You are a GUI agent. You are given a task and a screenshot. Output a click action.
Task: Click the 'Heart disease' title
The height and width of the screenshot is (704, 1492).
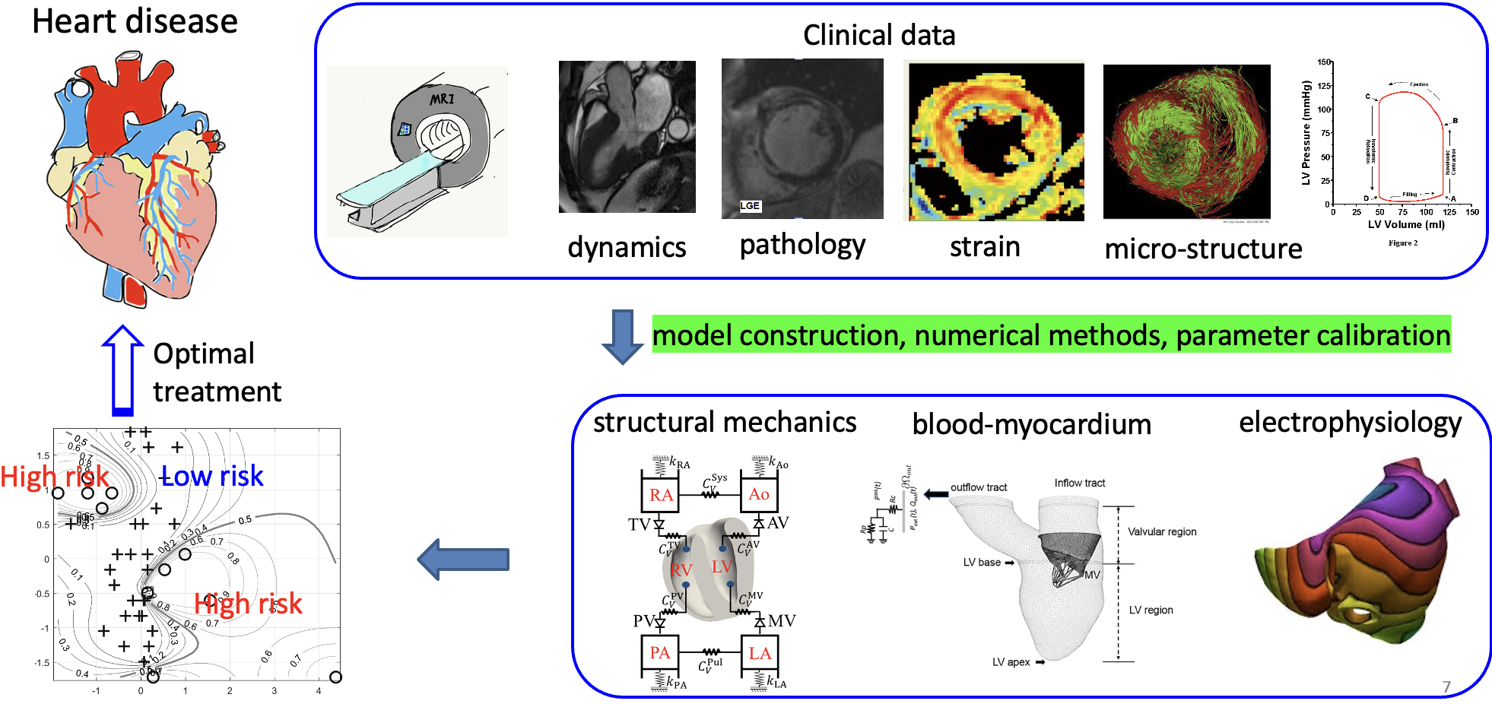135,22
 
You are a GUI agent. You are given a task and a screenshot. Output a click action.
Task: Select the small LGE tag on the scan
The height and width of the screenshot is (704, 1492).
750,206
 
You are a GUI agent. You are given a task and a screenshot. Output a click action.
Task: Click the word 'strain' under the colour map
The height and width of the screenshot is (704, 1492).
985,247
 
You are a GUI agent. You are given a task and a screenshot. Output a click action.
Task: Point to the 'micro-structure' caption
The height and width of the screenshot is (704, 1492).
1203,249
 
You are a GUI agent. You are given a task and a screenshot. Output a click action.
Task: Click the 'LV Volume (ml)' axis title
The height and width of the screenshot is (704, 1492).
1405,225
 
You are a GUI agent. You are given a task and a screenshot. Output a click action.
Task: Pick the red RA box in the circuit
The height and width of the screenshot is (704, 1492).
660,495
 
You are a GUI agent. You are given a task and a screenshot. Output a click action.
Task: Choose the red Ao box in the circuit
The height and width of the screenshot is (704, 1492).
759,494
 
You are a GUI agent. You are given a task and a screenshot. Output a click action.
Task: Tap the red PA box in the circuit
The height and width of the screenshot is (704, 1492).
660,653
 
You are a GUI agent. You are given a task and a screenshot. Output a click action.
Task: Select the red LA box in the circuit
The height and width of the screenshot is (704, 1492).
759,653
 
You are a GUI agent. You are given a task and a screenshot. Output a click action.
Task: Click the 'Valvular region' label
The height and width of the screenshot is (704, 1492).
1162,532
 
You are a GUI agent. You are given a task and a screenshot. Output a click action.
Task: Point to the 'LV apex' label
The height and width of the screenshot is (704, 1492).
1011,662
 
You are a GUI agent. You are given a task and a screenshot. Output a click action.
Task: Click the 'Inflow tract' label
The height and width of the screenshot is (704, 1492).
1079,484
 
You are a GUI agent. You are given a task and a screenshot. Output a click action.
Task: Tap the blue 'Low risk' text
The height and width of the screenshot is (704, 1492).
212,477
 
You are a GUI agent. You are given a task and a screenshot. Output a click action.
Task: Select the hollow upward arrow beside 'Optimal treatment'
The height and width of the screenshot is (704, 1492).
122,370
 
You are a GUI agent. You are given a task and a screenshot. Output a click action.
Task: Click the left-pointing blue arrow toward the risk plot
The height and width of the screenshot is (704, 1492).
463,560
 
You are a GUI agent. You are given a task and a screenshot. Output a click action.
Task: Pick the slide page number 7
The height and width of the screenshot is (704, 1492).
1446,687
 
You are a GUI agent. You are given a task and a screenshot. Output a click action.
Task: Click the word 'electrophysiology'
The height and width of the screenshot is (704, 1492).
1350,423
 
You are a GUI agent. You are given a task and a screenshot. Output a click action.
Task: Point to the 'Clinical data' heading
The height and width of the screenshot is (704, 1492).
879,36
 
